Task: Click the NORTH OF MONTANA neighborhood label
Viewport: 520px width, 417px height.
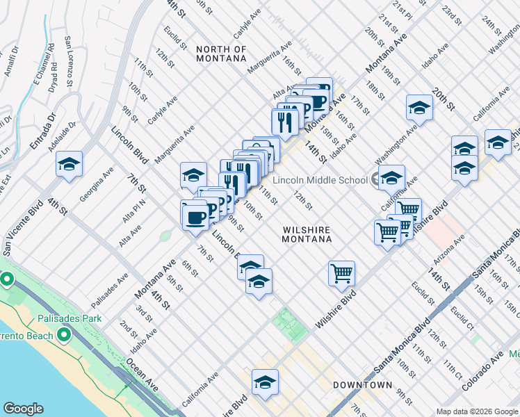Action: pos(221,54)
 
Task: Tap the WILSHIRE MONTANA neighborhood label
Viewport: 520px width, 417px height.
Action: pos(307,234)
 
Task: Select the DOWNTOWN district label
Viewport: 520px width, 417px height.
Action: pos(362,384)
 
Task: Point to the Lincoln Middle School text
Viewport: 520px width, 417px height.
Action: pos(320,180)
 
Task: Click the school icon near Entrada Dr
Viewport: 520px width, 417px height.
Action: pos(69,164)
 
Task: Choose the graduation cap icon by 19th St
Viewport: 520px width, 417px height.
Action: pos(419,107)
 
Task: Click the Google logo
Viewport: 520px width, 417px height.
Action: pos(23,409)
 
